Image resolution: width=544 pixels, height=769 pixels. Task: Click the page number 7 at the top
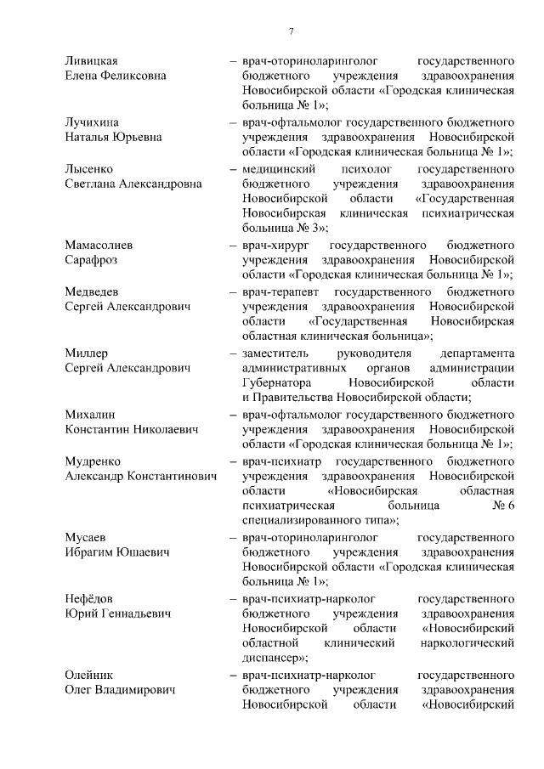291,31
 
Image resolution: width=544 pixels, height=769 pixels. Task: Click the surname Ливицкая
91,61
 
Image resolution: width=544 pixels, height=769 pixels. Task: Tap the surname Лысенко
89,168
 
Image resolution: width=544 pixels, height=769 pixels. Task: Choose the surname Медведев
93,291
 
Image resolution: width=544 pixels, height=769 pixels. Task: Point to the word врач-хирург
272,245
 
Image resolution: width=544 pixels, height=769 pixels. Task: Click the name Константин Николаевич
131,430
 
